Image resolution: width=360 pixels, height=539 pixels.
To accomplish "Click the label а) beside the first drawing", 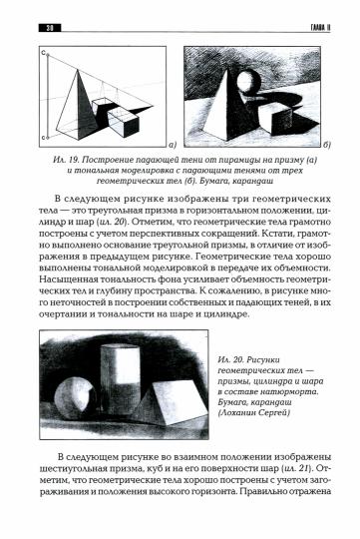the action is click(x=171, y=144).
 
